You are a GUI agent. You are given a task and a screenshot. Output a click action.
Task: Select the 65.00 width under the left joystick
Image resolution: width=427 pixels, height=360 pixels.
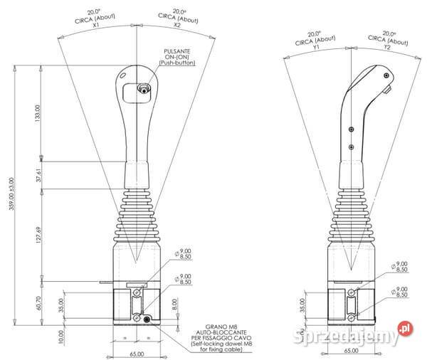[137, 353]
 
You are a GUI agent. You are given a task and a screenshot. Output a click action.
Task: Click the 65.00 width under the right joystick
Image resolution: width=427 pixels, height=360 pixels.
[350, 350]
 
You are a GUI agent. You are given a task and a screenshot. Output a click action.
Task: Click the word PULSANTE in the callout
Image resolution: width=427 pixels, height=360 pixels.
[175, 52]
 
